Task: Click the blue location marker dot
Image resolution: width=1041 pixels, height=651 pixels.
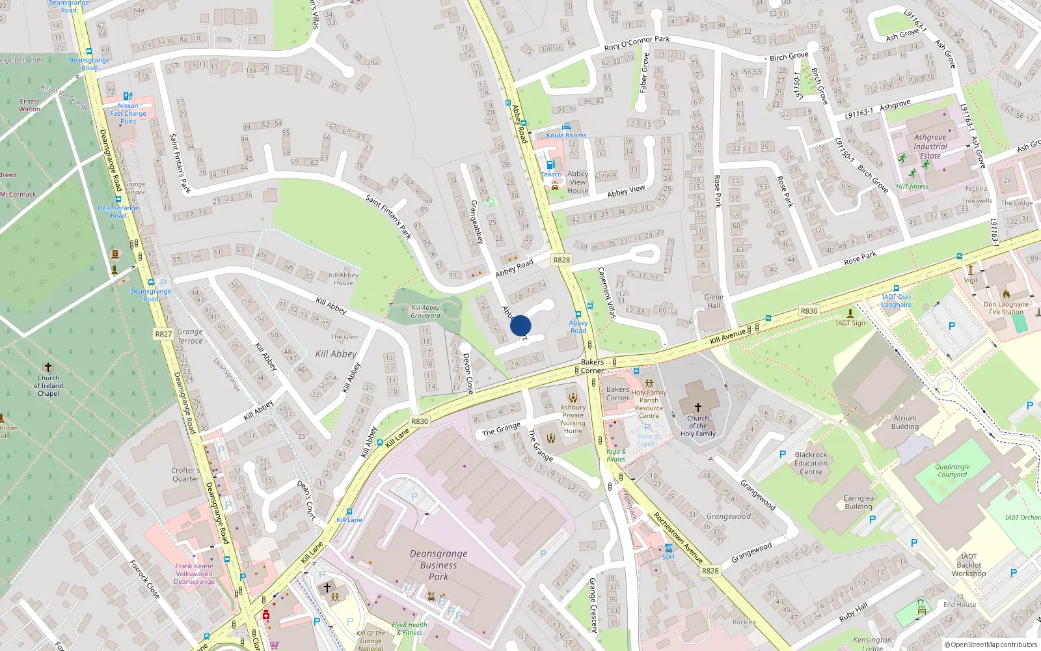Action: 520,325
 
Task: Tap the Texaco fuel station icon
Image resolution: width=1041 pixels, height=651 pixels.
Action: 550,165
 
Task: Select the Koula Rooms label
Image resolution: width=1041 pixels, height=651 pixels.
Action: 566,135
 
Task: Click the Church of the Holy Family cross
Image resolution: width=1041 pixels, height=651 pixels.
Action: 697,408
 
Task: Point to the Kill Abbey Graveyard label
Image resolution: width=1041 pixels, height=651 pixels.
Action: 426,312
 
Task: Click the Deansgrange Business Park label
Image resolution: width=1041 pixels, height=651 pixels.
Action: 439,565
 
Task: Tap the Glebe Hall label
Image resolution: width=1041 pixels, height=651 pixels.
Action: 714,301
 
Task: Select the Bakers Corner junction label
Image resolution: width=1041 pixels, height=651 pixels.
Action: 592,367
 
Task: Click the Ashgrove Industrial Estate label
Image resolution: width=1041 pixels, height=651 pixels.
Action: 930,146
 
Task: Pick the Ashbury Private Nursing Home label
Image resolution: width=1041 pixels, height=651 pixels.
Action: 573,419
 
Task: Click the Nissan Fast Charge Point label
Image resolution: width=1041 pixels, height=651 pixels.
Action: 128,113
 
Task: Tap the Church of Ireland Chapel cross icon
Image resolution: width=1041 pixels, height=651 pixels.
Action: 47,368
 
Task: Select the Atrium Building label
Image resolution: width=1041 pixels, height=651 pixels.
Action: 905,422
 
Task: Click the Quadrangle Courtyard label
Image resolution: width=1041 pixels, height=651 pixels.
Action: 953,471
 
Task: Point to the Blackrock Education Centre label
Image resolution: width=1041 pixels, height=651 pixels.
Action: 811,464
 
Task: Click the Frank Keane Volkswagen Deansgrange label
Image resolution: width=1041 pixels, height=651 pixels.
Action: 194,574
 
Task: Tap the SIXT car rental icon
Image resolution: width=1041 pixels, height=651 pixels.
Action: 668,548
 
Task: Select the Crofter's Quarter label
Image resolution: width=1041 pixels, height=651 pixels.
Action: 185,475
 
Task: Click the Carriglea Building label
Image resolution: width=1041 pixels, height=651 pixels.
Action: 858,502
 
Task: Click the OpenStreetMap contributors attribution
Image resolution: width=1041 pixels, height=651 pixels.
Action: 991,644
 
